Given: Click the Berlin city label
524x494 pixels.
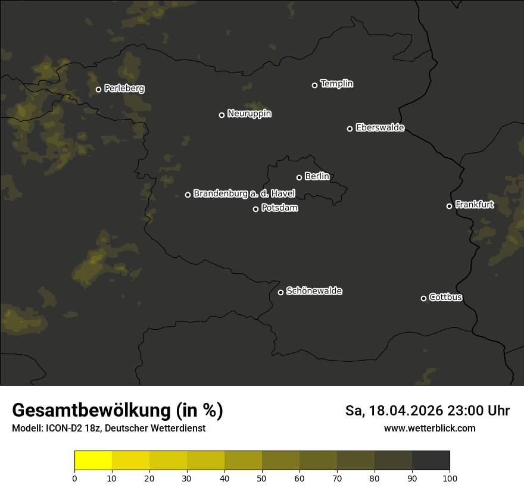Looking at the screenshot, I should [317, 176].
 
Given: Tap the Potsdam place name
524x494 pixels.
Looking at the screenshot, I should [279, 208].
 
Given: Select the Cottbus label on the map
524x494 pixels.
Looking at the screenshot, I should [445, 298].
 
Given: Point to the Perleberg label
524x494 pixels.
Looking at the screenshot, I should [124, 89].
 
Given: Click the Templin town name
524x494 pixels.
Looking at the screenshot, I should [336, 84].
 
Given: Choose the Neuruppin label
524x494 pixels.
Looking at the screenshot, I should [249, 114].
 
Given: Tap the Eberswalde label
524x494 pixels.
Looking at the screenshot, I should [380, 127].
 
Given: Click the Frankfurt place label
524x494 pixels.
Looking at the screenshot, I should [474, 205].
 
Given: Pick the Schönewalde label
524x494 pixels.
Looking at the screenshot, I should [314, 291].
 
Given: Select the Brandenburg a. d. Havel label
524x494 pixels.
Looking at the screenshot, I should [244, 193].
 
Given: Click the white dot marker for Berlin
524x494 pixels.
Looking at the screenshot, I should [299, 177].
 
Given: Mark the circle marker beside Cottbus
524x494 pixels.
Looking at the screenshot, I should [423, 298].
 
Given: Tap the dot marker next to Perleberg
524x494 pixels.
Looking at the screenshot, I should [98, 90].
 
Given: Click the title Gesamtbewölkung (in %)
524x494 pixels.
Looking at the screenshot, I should [117, 410].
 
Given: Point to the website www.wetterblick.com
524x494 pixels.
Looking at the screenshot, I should [429, 428].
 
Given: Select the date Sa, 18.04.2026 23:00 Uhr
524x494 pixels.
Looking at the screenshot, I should [427, 411].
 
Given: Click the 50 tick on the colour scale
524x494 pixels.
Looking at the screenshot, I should [262, 478].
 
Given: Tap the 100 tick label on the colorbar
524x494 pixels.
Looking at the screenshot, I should [450, 478].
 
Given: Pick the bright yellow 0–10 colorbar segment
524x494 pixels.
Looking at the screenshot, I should [93, 461].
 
